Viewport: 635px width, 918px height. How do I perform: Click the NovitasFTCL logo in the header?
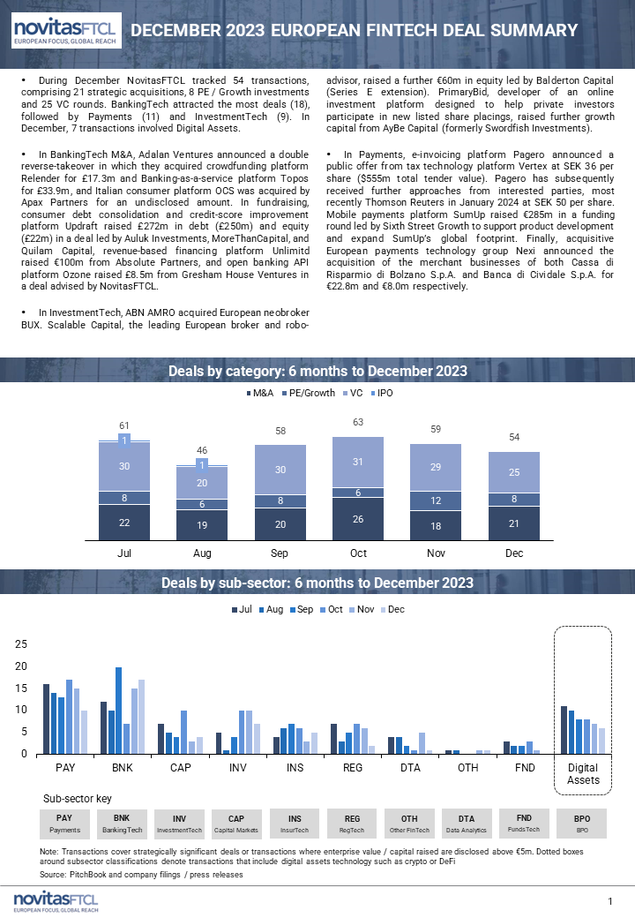67,30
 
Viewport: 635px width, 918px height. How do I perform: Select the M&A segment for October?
358,519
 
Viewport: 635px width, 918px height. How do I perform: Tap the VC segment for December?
514,472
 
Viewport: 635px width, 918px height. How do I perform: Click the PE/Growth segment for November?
436,500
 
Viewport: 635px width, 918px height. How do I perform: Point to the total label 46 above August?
202,450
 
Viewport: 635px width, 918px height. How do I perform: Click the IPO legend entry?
382,393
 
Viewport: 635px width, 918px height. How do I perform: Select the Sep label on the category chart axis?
280,553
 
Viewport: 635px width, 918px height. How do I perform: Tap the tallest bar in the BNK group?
119,711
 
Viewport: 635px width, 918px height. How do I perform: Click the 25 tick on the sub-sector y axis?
21,644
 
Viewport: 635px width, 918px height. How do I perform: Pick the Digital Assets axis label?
583,774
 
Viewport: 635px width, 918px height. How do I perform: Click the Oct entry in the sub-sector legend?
332,609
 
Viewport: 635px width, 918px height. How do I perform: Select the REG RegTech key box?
352,824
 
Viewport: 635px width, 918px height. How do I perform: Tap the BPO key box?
582,824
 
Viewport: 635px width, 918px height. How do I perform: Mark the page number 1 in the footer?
609,901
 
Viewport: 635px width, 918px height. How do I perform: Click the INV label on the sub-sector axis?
237,768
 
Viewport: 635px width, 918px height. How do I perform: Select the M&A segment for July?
124,523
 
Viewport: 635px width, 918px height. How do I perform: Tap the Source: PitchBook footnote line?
141,875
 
